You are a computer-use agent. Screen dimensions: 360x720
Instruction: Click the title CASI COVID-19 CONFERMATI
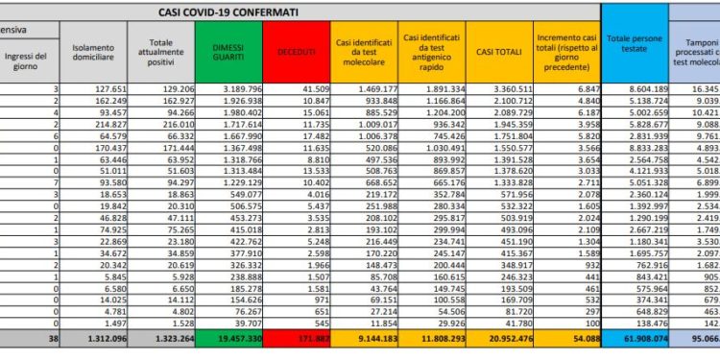pos(227,12)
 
